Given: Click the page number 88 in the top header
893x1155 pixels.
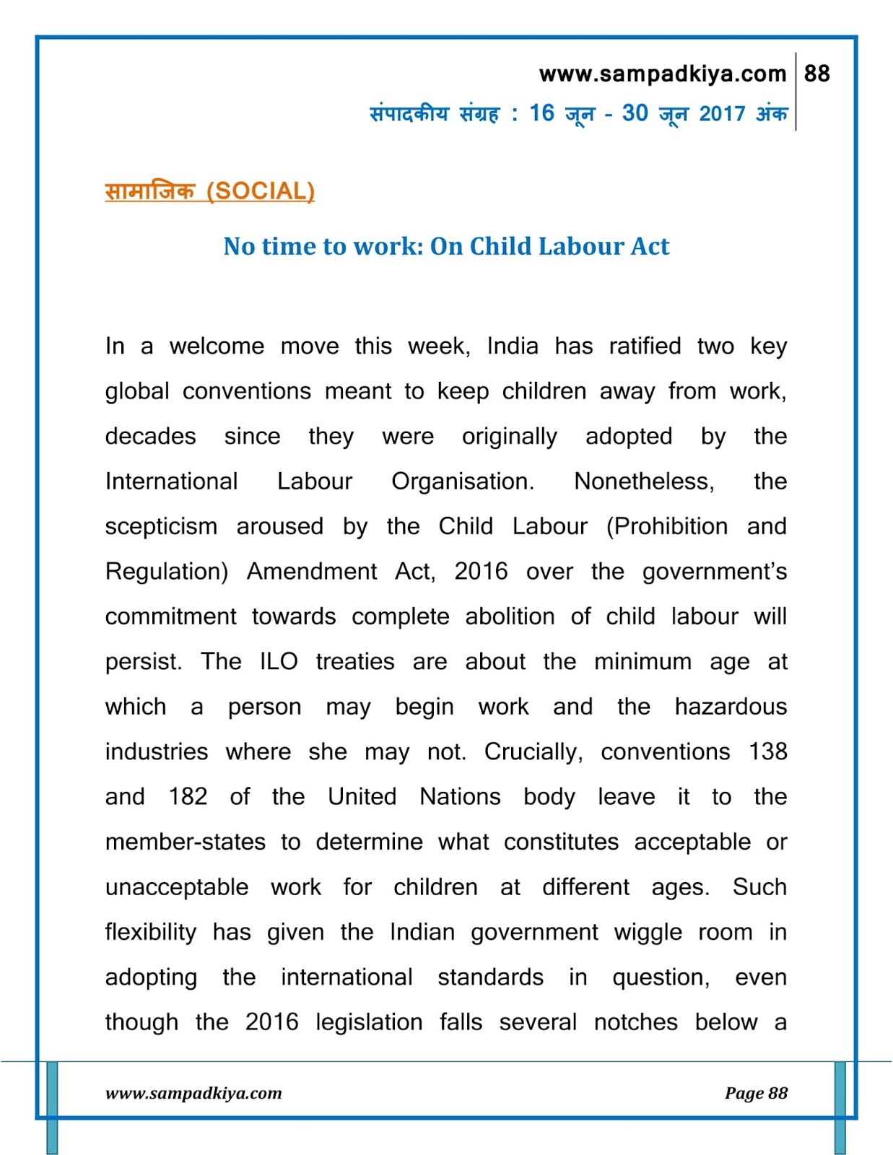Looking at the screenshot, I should coord(816,74).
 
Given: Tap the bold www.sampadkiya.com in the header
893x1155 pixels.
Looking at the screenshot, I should coord(662,74).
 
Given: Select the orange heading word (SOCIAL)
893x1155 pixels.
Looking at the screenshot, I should coord(261,191).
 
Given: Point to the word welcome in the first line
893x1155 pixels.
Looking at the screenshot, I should coord(217,346).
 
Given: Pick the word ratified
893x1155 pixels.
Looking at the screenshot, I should coord(645,346).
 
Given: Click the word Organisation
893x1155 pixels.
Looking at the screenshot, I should coord(462,481).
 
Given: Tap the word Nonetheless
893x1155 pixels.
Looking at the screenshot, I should coord(644,481).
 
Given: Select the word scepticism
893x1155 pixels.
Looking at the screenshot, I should coord(161,526).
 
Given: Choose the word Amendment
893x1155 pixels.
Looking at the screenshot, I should coord(312,571).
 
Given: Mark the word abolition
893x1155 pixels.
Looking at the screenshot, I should coord(510,616).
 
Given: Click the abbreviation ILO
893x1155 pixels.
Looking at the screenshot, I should coord(279,661).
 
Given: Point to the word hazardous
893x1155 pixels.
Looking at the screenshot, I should coord(731,706).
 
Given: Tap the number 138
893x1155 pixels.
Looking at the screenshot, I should coord(767,751).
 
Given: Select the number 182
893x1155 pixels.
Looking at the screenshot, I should coord(188,796).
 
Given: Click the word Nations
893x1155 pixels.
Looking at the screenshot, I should coord(460,796).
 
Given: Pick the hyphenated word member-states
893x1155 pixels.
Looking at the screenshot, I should coord(186,842).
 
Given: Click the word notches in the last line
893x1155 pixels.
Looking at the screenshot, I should coord(635,1022).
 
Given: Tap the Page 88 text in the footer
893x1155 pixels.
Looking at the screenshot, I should coord(756,1093).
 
